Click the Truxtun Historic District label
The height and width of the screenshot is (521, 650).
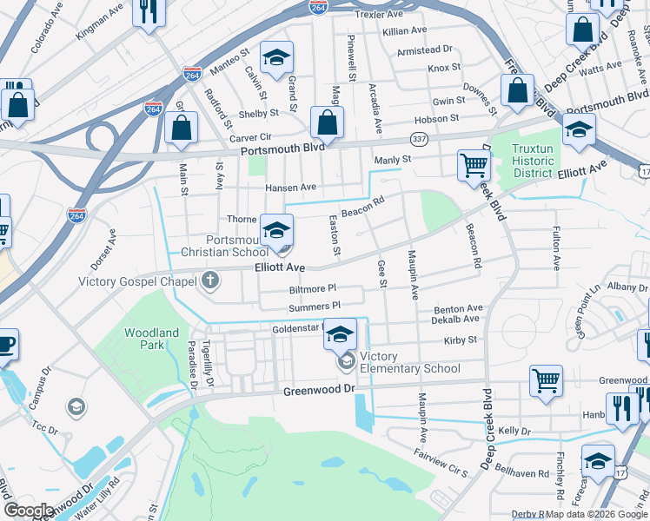533,161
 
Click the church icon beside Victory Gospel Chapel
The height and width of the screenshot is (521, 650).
209,280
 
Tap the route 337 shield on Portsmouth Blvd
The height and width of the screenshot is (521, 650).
419,140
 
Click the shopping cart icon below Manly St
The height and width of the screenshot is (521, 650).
474,164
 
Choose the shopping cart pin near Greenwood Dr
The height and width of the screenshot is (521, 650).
546,379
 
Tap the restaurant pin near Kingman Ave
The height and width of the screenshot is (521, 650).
149,12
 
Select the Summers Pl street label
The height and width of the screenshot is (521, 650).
315,307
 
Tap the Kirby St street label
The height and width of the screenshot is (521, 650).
461,340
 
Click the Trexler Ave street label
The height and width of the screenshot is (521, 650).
380,15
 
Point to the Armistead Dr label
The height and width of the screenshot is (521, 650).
425,50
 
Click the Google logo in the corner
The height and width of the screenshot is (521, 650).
29,511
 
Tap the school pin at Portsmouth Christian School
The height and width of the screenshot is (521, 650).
277,229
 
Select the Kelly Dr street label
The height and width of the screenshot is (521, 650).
514,431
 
